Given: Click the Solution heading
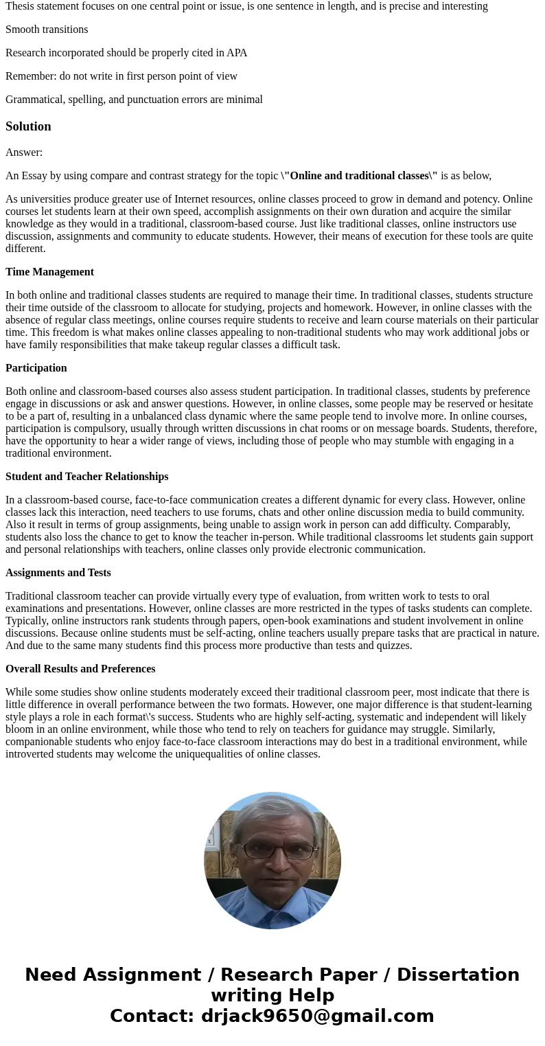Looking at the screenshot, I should pyautogui.click(x=28, y=126).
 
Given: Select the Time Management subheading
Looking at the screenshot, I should pyautogui.click(x=49, y=272).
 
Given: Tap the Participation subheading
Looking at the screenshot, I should pyautogui.click(x=36, y=368).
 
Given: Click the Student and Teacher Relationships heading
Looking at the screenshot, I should pyautogui.click(x=86, y=477).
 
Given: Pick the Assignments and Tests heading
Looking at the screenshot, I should pyautogui.click(x=58, y=573).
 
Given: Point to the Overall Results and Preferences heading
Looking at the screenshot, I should pyautogui.click(x=80, y=669).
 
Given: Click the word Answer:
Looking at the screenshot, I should pyautogui.click(x=24, y=152).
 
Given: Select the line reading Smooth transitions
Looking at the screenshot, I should pyautogui.click(x=47, y=30).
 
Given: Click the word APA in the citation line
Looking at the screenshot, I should pyautogui.click(x=237, y=53).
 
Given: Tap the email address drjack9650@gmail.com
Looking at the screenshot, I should pyautogui.click(x=317, y=1016).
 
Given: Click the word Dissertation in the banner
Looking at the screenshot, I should pyautogui.click(x=458, y=975).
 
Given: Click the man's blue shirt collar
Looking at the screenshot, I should pyautogui.click(x=273, y=897).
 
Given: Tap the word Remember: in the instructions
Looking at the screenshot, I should pyautogui.click(x=31, y=76).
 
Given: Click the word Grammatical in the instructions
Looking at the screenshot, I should pyautogui.click(x=35, y=100).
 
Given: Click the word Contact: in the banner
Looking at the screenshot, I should pyautogui.click(x=152, y=1016).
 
